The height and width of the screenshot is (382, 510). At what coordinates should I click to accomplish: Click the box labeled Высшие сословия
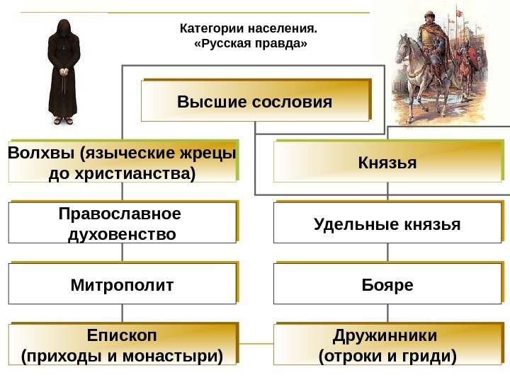255,101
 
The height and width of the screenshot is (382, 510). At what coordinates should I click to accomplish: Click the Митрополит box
122,285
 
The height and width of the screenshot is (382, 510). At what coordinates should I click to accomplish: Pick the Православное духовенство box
122,223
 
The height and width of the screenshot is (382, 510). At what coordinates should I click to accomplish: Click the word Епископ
122,334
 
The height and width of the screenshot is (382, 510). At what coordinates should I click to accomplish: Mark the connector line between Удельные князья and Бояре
387,253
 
